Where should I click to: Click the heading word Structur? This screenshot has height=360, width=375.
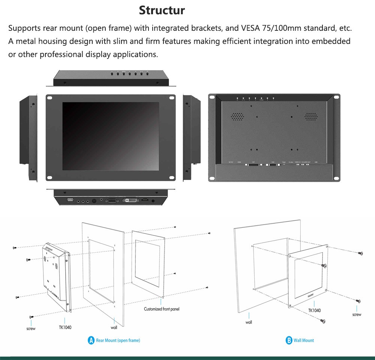[162, 10]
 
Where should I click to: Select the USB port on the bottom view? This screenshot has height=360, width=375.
[70, 200]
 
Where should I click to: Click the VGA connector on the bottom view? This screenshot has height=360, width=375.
[111, 201]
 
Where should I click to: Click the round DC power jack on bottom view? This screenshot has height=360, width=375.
[153, 201]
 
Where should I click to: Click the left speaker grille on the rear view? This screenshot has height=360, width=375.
[237, 116]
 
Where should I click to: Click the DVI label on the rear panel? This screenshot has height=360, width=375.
[254, 162]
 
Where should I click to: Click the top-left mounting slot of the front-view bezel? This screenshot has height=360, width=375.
[51, 98]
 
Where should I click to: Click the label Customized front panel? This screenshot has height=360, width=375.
[162, 309]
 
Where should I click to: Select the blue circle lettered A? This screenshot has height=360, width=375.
[91, 340]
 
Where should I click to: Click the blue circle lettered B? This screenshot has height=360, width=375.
[289, 340]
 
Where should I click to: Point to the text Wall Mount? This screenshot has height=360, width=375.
[304, 340]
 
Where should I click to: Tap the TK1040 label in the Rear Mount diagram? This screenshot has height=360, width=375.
[65, 327]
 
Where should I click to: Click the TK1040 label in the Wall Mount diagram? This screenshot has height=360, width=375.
[314, 310]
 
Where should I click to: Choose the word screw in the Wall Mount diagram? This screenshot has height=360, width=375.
[357, 315]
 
